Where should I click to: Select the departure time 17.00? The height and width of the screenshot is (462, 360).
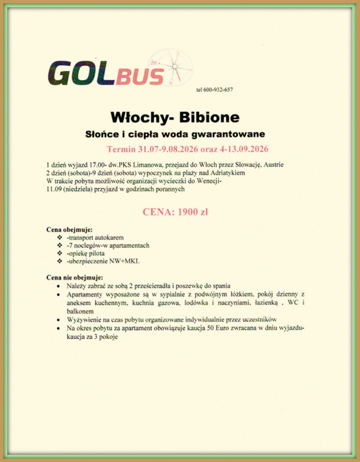[x=93, y=165]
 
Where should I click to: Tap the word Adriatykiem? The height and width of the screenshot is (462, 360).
[x=229, y=173]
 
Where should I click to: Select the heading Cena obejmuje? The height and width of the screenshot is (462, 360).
[x=69, y=230]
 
